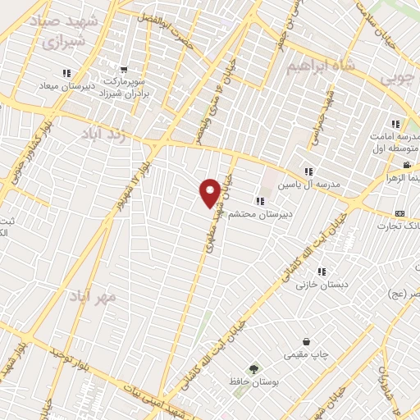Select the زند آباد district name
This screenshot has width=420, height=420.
pyautogui.click(x=114, y=134)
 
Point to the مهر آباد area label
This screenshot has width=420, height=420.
pyautogui.click(x=93, y=294)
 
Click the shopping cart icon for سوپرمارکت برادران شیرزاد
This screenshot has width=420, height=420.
pyautogui.click(x=124, y=71)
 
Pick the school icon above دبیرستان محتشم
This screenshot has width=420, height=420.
pyautogui.click(x=260, y=201)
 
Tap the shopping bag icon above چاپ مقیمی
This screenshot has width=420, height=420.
pyautogui.click(x=306, y=341)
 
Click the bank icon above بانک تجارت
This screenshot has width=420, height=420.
pyautogui.click(x=399, y=213)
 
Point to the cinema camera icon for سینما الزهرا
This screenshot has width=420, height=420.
pyautogui.click(x=405, y=165)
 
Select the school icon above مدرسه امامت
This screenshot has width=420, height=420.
pyautogui.click(x=395, y=124)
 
